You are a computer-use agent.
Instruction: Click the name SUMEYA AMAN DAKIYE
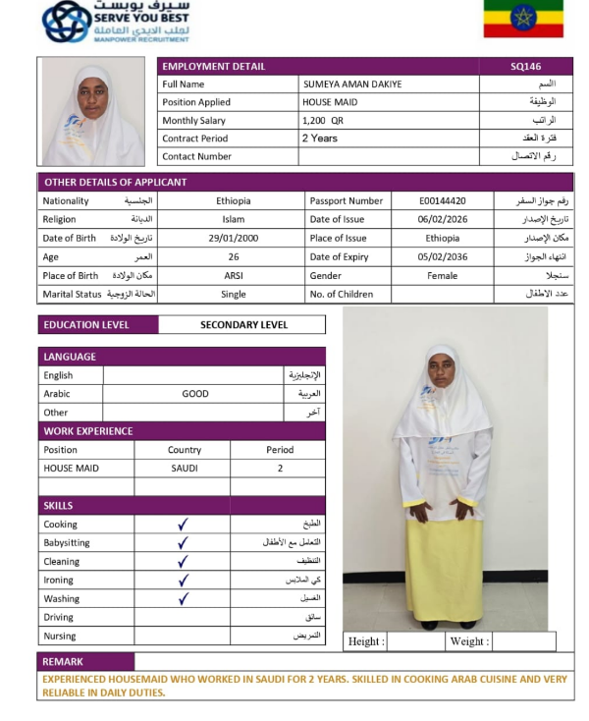(x=352, y=84)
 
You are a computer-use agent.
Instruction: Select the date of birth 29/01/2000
(x=233, y=239)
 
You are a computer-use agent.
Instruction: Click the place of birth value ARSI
(x=233, y=276)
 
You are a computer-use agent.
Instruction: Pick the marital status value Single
(x=233, y=295)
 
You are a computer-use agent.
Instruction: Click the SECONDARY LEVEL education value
(x=243, y=325)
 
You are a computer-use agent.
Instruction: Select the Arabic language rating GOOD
(x=195, y=394)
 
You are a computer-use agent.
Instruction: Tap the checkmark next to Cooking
(x=183, y=525)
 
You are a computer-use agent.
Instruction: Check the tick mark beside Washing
(x=183, y=598)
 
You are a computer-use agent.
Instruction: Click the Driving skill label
(x=58, y=617)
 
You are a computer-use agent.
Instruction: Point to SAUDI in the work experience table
(x=185, y=469)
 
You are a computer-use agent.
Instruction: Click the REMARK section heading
(x=64, y=662)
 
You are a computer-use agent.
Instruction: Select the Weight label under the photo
(x=468, y=641)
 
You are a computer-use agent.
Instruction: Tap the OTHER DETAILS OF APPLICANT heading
(x=116, y=182)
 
